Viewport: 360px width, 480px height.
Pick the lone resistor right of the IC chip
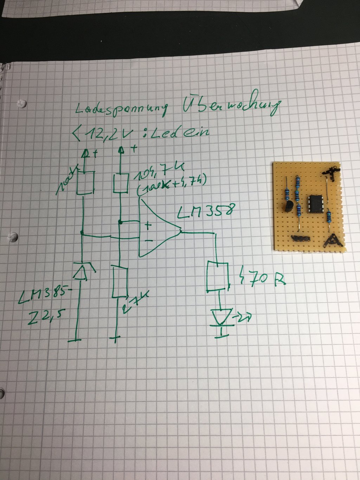point(329,216)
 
